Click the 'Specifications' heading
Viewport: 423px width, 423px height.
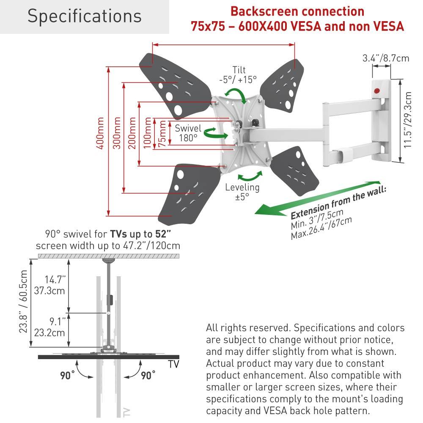84,16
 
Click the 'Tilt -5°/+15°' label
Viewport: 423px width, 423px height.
238,74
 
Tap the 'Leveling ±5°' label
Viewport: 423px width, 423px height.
242,192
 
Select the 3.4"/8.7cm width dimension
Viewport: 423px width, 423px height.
386,58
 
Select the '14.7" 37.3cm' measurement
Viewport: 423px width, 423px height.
56,285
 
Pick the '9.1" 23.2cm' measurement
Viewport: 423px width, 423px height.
56,327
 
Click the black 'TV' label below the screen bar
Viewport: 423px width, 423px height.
173,364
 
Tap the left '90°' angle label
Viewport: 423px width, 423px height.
66,374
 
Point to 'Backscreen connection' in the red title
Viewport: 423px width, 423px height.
297,11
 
